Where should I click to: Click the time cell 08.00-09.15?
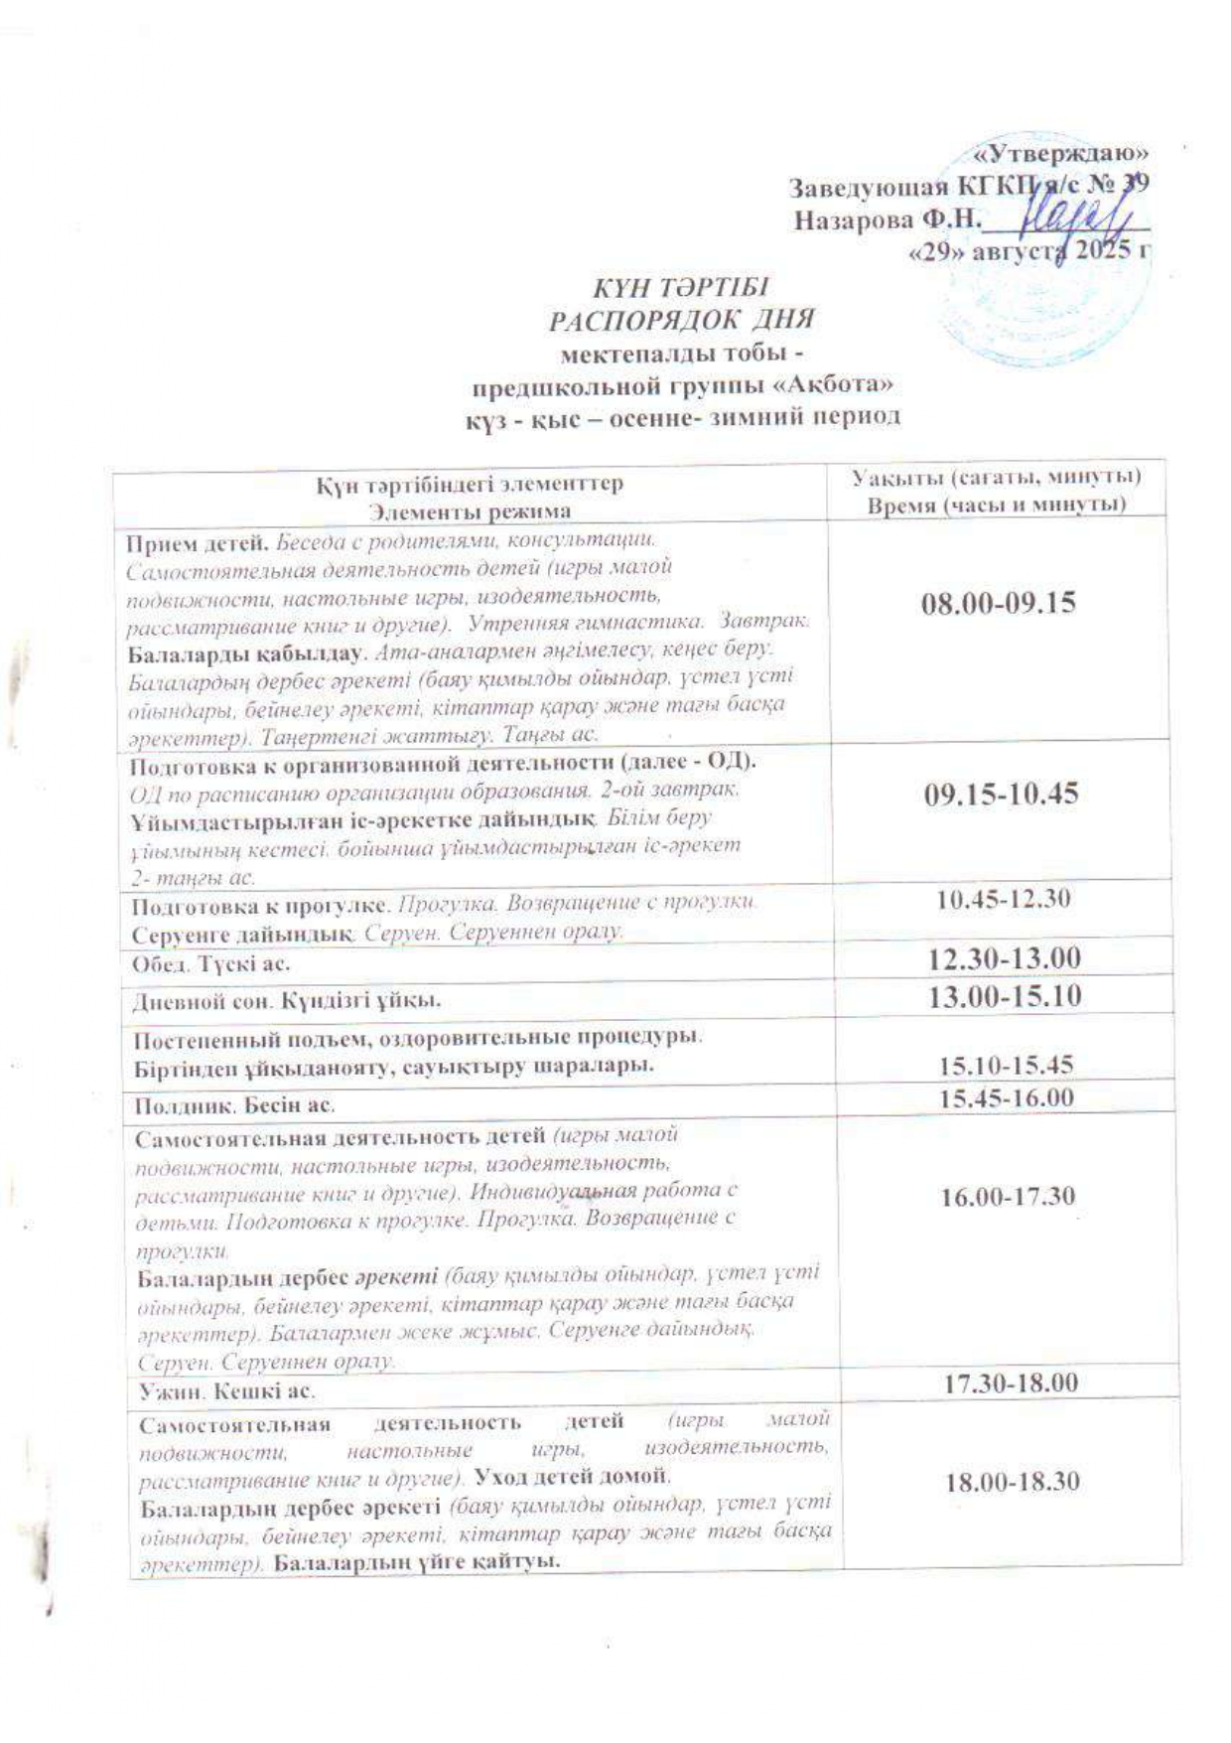pyautogui.click(x=999, y=603)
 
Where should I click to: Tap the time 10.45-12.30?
pyautogui.click(x=1004, y=900)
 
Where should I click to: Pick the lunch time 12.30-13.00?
pyautogui.click(x=1004, y=958)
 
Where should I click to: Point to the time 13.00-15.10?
pyautogui.click(x=1005, y=996)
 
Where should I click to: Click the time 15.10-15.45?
pyautogui.click(x=1007, y=1065)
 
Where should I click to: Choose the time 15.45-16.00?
pyautogui.click(x=1007, y=1097)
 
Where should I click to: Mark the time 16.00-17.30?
pyautogui.click(x=1008, y=1196)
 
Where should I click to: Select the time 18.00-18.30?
pyautogui.click(x=1012, y=1482)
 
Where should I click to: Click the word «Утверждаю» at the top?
pyautogui.click(x=1061, y=154)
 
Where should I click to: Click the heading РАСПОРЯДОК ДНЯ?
pyautogui.click(x=682, y=321)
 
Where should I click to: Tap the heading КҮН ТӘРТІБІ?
pyautogui.click(x=681, y=288)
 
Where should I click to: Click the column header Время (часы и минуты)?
pyautogui.click(x=997, y=506)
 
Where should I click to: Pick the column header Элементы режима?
pyautogui.click(x=470, y=511)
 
